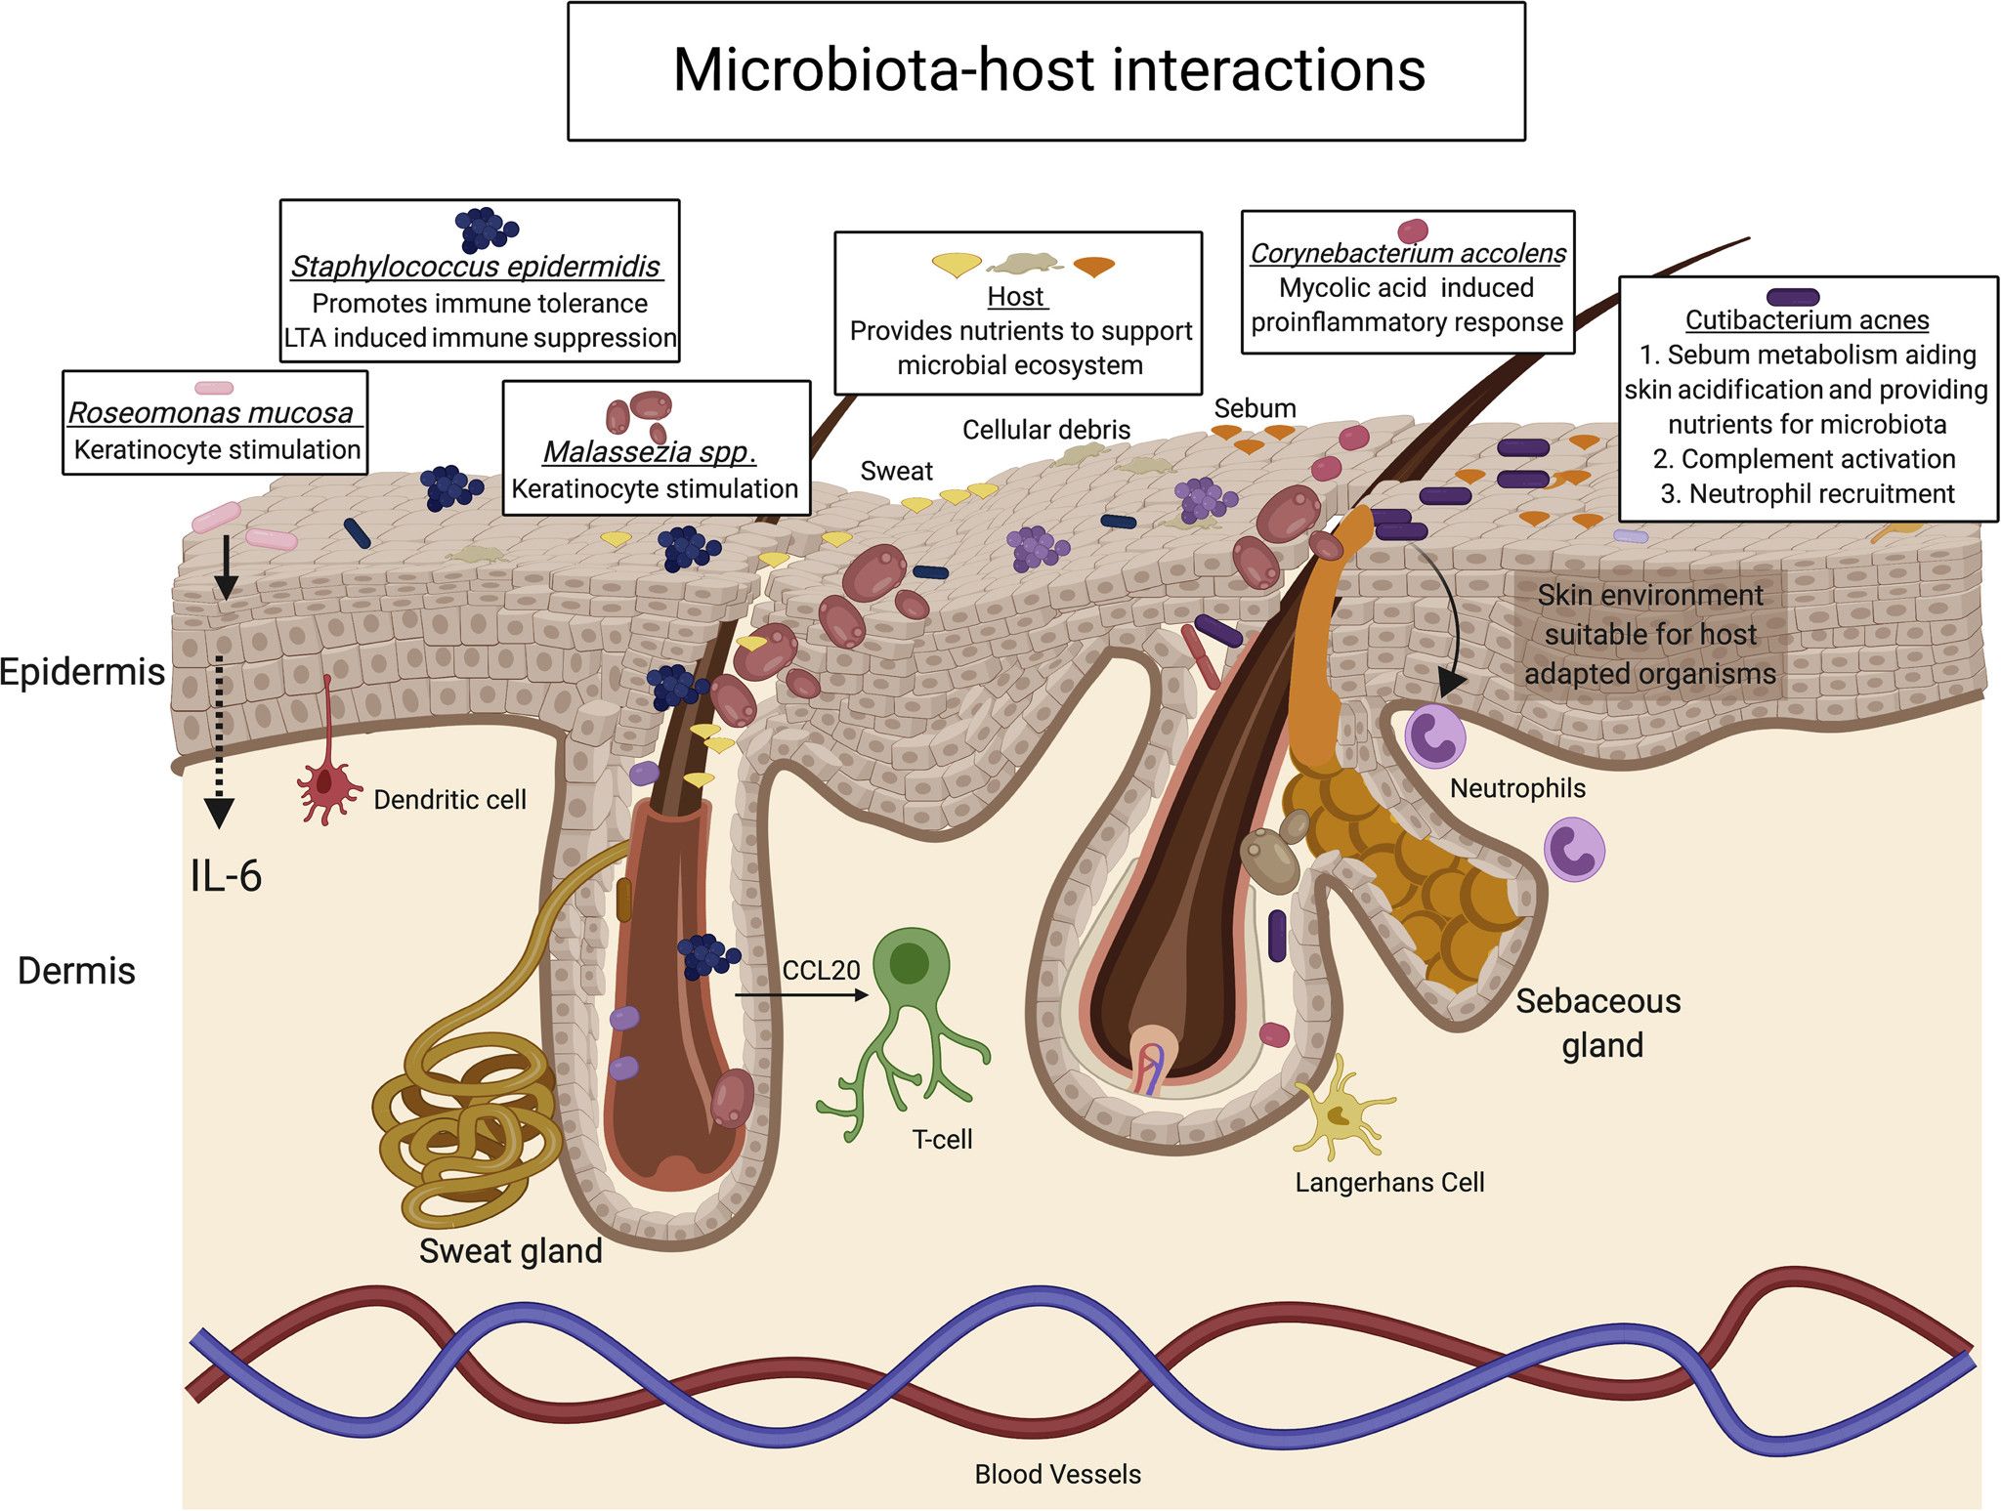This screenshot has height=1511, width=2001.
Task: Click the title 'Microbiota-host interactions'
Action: (1048, 70)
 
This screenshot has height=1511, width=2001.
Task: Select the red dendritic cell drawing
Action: (328, 781)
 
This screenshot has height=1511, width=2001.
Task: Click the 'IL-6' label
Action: (226, 876)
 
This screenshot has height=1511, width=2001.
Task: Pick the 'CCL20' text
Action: (821, 970)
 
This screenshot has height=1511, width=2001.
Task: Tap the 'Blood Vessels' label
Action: (1057, 1474)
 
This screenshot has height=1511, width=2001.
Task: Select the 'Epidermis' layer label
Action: (82, 672)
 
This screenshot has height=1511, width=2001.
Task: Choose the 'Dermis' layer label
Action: (76, 971)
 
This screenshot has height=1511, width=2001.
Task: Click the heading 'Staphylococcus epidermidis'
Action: (476, 267)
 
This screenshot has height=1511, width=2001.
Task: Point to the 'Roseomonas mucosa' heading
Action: (211, 413)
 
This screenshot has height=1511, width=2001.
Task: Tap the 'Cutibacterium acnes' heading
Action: (1807, 320)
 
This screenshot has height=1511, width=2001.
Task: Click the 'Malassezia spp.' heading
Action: (650, 452)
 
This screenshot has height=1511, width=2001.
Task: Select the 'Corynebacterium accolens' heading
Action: (1408, 254)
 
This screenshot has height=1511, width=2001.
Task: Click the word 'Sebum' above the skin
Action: (1255, 408)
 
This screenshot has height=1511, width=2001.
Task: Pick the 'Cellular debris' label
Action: (1045, 430)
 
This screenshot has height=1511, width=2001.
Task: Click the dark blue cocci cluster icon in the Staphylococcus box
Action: (484, 230)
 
